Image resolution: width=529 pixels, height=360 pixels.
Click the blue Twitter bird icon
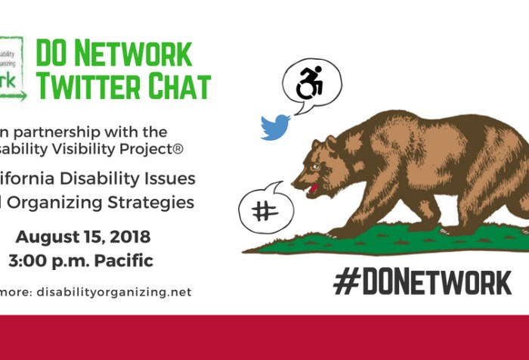click(275, 127)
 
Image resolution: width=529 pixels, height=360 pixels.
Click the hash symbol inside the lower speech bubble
click(264, 210)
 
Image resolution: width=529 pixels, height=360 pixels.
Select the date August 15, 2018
click(83, 237)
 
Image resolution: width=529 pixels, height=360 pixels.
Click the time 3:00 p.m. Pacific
click(81, 261)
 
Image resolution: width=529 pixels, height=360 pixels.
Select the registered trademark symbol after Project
click(178, 149)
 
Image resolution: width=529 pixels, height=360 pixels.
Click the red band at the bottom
click(264, 337)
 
